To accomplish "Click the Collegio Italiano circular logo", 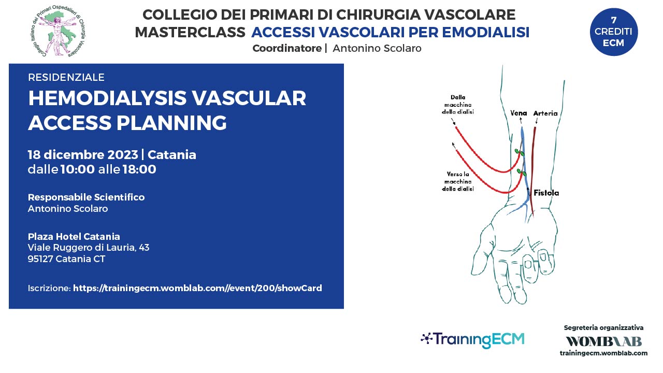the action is [x=59, y=31].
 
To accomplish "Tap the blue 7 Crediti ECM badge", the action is [x=614, y=32].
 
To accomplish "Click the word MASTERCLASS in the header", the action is [x=190, y=32].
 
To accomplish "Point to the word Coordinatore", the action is [x=287, y=48].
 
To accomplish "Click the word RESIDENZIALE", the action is [x=66, y=77].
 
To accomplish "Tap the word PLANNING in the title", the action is [x=171, y=123].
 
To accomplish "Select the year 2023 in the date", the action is [x=123, y=154].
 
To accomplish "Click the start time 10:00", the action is [x=78, y=169].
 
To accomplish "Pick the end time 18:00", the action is [x=139, y=169].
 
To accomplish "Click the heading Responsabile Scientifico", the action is [x=86, y=197].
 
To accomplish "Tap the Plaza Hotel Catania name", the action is [x=74, y=237].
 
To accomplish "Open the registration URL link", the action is [x=197, y=288].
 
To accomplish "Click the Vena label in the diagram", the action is [x=518, y=113].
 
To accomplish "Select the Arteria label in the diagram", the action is [x=545, y=113].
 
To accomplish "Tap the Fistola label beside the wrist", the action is [x=546, y=193].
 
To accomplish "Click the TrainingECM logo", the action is [x=472, y=339].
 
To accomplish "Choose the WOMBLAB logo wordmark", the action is [x=604, y=341].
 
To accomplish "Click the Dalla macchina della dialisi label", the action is [x=457, y=105].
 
